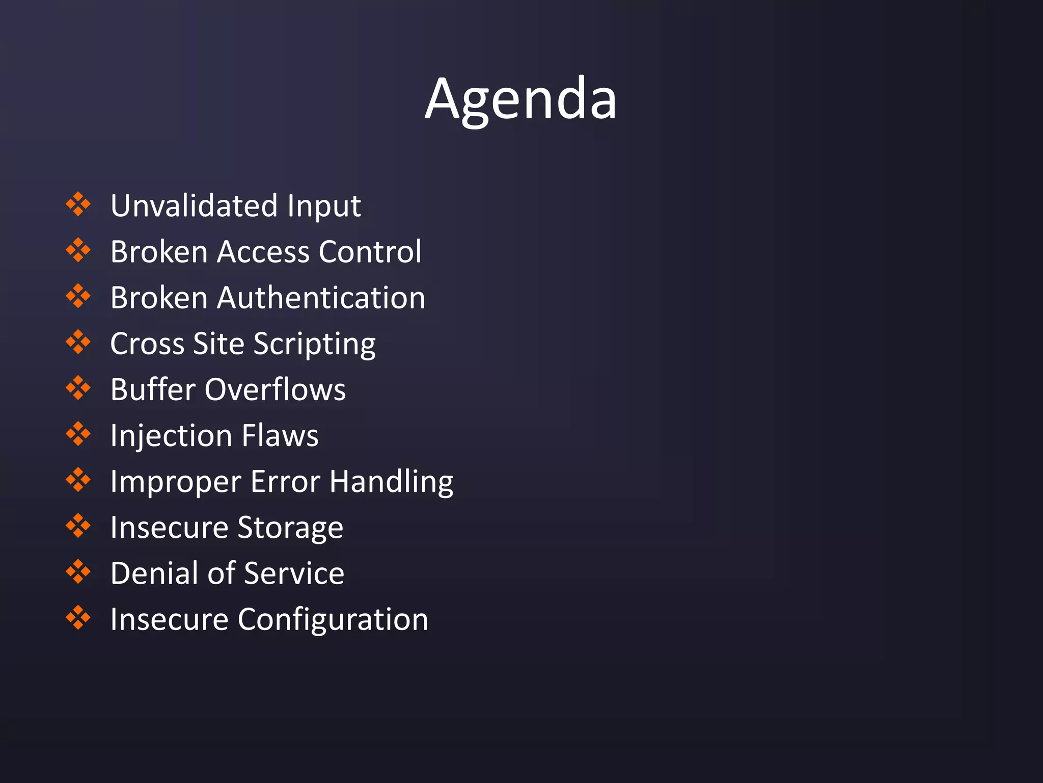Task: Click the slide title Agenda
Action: tap(520, 99)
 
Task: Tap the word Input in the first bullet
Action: tap(324, 206)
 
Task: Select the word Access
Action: tap(263, 252)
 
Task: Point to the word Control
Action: tap(370, 252)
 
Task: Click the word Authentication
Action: tap(321, 298)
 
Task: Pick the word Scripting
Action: tap(314, 345)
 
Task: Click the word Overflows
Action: tap(275, 390)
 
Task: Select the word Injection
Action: tap(171, 436)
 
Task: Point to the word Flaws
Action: tap(280, 436)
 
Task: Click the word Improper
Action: tap(176, 482)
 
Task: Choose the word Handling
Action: tap(391, 482)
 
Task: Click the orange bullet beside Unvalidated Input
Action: tap(78, 204)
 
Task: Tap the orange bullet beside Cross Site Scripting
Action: tap(78, 342)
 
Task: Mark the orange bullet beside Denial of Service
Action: tap(78, 571)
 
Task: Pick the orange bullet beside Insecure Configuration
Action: tap(78, 617)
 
